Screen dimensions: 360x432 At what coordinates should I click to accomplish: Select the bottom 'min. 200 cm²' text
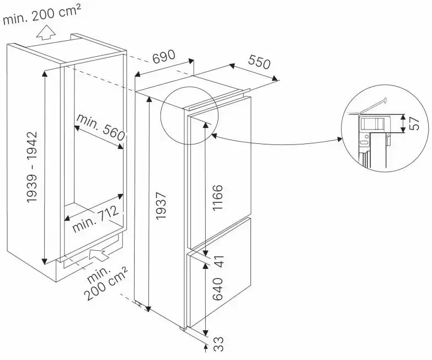pos(106,284)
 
